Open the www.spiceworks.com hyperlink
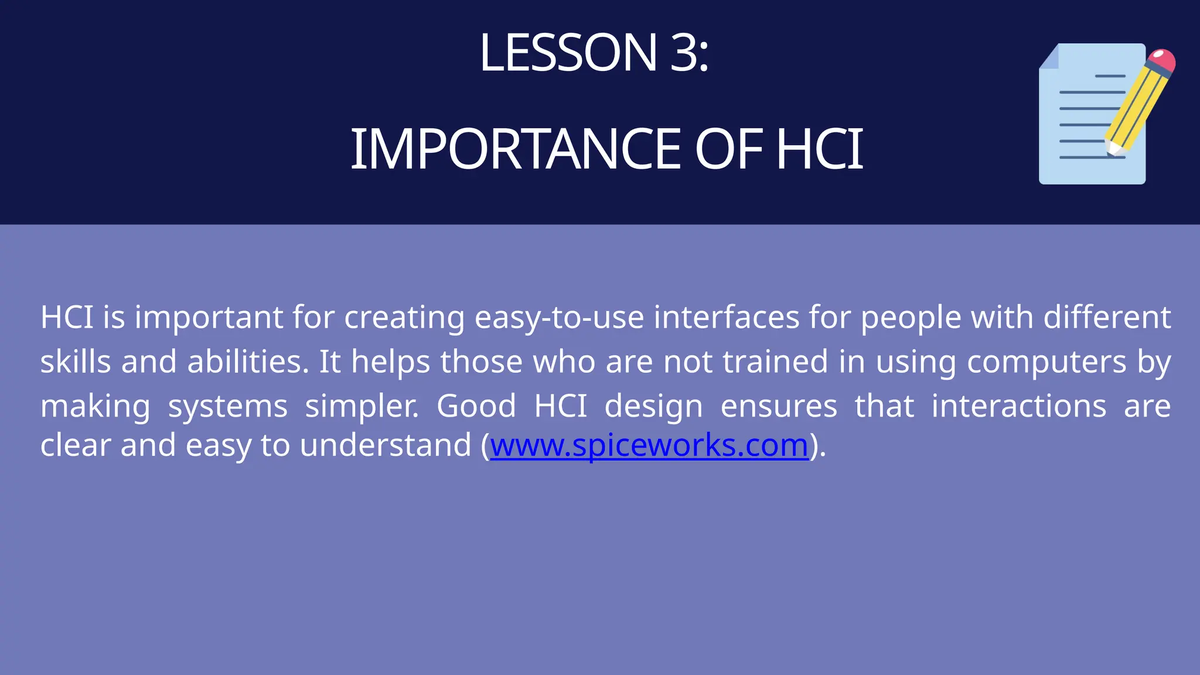coord(649,445)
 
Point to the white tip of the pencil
coord(1112,149)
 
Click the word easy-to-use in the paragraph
coord(559,318)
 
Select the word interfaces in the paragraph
coord(727,318)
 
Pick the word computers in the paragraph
coord(1046,362)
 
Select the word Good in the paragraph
coord(476,406)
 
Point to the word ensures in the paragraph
coord(779,406)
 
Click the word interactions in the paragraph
coord(1018,406)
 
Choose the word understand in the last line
coord(385,445)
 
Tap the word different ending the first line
coord(1107,318)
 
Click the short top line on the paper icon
coord(1110,76)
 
